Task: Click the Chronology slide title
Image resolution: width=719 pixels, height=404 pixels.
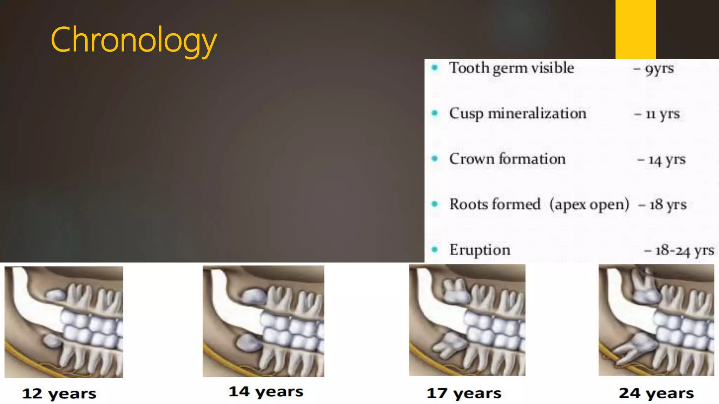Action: [x=133, y=40]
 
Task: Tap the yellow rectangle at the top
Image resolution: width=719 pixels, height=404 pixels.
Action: [x=635, y=29]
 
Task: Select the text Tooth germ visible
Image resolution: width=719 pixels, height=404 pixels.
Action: [x=512, y=68]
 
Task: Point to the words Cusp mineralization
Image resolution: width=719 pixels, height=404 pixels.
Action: [x=517, y=114]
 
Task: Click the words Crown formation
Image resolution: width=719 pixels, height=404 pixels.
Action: [x=507, y=159]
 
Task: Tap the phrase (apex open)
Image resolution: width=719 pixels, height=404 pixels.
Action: [x=589, y=204]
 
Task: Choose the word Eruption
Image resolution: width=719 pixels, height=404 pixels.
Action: [x=480, y=250]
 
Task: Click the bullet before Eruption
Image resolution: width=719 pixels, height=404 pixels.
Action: [x=435, y=250]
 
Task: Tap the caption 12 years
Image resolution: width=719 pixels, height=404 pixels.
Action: [x=59, y=393]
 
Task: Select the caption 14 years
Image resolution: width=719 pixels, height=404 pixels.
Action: [x=266, y=391]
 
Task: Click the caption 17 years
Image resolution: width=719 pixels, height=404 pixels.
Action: [x=464, y=393]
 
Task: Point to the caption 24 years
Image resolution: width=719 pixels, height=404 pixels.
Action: [x=656, y=393]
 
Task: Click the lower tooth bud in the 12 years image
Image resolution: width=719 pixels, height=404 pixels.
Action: [x=52, y=340]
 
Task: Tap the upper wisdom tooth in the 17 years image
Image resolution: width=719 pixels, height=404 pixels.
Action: [x=455, y=291]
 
